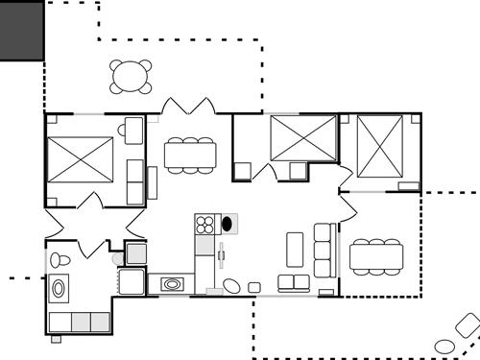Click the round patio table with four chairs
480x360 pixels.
click(131, 76)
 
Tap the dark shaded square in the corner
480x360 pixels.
click(21, 31)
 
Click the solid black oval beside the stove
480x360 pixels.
click(228, 225)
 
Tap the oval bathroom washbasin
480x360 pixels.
click(60, 287)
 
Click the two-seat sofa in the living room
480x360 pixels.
click(293, 282)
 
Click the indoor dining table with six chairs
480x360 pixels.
click(190, 155)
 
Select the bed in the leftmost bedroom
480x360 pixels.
click(81, 159)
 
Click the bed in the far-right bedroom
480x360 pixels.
click(379, 146)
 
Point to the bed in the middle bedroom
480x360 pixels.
click(302, 138)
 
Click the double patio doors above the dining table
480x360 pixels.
click(188, 107)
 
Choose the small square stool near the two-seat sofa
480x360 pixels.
click(254, 287)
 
